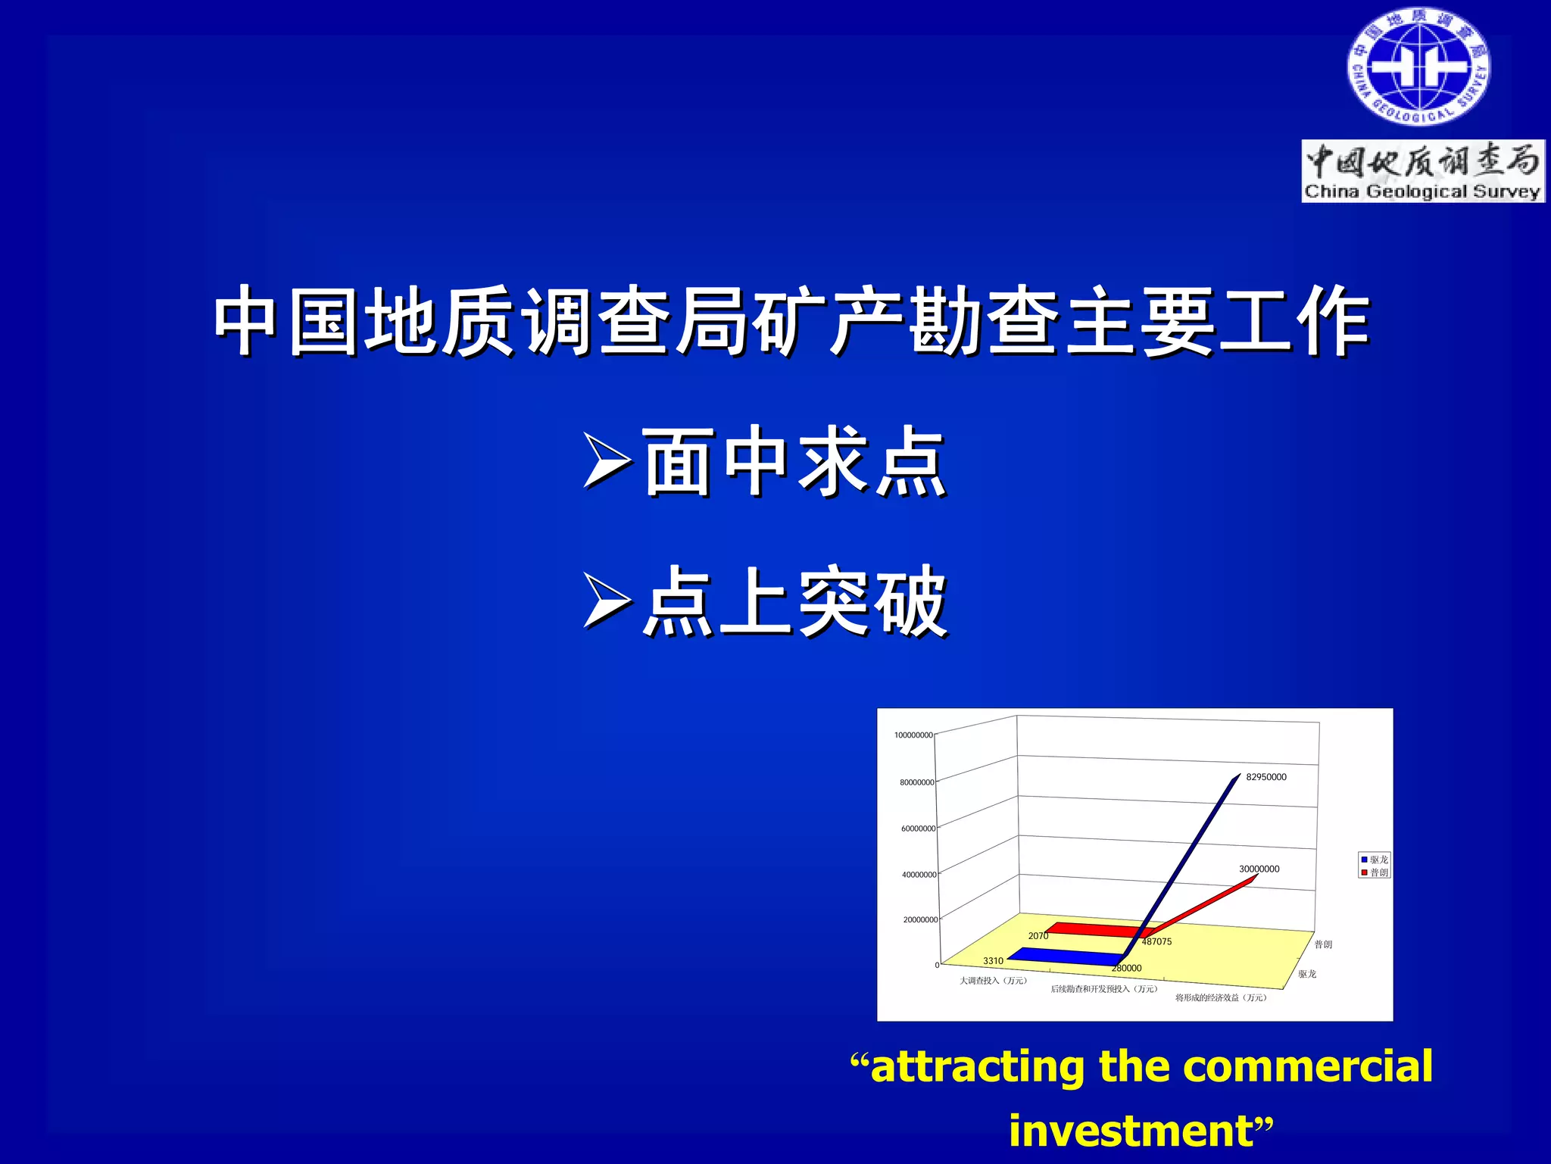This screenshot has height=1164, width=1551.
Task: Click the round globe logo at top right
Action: (1418, 67)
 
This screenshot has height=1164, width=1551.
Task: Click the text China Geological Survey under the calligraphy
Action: (1421, 192)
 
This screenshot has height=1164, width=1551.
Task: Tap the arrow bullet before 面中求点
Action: (607, 460)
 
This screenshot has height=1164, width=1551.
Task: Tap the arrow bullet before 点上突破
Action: (607, 601)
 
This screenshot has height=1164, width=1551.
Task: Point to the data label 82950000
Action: (1265, 777)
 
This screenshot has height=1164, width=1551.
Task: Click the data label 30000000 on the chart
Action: (1259, 869)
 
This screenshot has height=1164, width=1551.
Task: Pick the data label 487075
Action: (1156, 941)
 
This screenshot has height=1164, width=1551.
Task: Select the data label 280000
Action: (1126, 968)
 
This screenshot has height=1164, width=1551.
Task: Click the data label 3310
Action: (993, 960)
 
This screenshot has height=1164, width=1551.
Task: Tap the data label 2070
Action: (1038, 936)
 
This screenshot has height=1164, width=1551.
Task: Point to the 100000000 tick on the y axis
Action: (913, 735)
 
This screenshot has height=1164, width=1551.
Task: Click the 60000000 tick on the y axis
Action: (918, 829)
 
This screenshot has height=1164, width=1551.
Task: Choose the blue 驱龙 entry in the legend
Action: (1375, 860)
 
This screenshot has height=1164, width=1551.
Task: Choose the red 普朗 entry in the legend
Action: (1375, 872)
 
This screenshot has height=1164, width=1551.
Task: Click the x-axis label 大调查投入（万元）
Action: (993, 981)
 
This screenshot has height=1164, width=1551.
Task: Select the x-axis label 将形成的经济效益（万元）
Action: (1220, 997)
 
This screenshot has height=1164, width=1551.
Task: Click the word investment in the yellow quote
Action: (1131, 1131)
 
